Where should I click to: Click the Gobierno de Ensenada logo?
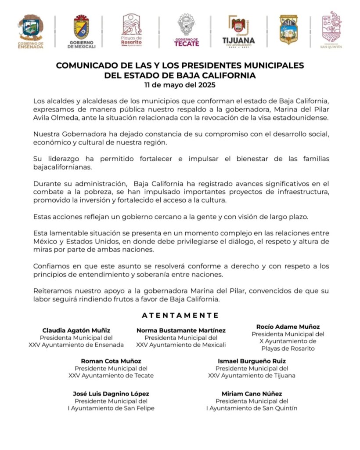coord(30,31)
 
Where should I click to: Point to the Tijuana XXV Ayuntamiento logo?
coord(238,31)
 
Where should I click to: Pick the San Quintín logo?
coord(331,29)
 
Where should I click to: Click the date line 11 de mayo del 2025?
coord(180,84)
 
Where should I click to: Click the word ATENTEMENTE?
coord(180,315)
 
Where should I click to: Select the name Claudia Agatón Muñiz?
coord(76,330)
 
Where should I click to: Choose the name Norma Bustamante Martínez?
coord(181,330)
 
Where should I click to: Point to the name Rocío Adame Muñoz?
coord(288,327)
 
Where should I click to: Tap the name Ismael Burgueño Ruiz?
coord(252,361)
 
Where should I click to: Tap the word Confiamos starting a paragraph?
coord(50,266)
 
